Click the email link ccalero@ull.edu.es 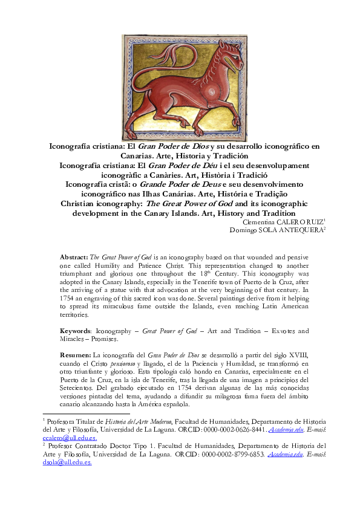point(66,437)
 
